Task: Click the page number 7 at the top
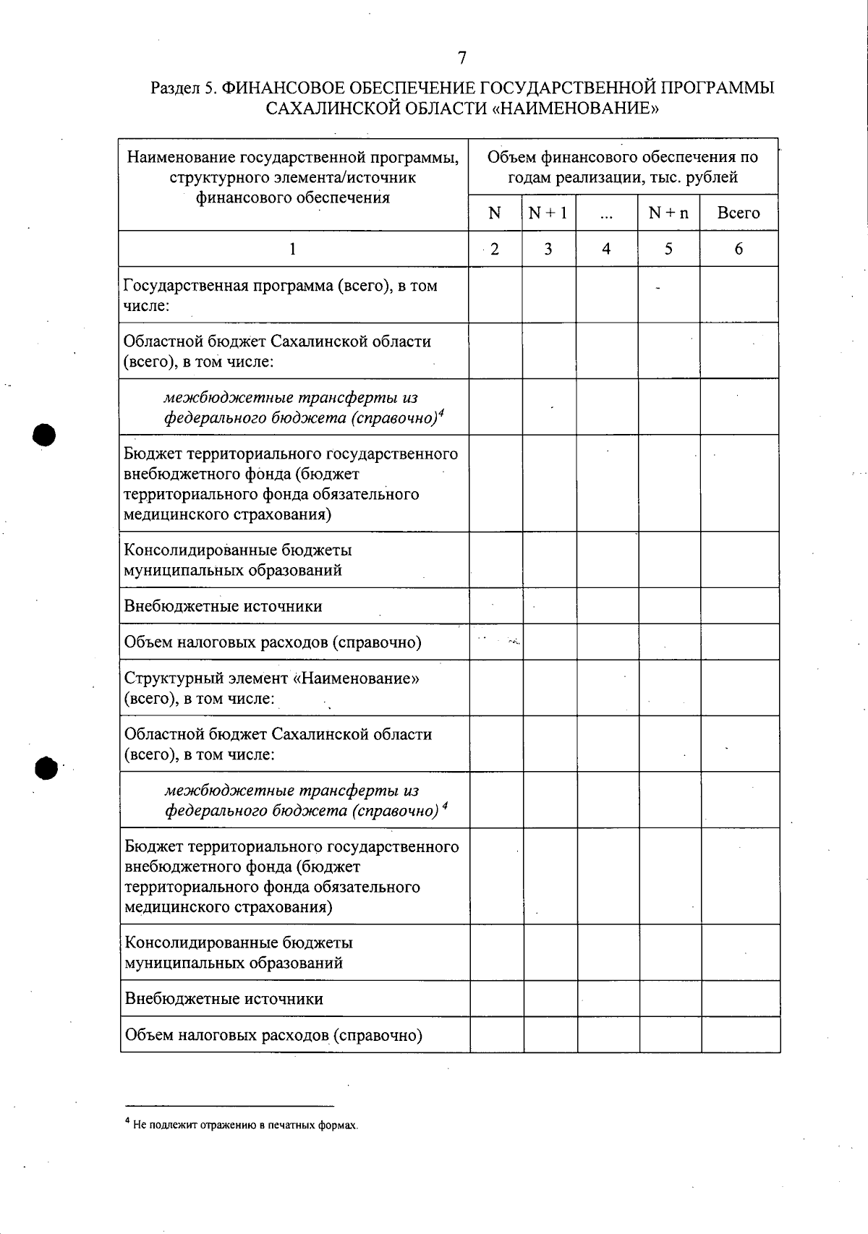pyautogui.click(x=462, y=58)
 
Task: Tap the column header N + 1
pyautogui.click(x=548, y=213)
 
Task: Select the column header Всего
pyautogui.click(x=738, y=213)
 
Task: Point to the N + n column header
pyautogui.click(x=668, y=213)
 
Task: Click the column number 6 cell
pyautogui.click(x=739, y=249)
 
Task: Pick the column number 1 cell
pyautogui.click(x=292, y=249)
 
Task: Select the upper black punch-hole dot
pyautogui.click(x=45, y=435)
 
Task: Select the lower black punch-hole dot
pyautogui.click(x=47, y=768)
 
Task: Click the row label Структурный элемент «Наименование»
pyautogui.click(x=272, y=688)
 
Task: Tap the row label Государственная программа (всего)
pyautogui.click(x=280, y=294)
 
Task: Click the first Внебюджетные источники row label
pyautogui.click(x=223, y=606)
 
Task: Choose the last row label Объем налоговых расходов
pyautogui.click(x=273, y=1035)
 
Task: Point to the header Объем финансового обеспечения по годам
pyautogui.click(x=622, y=166)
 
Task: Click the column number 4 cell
pyautogui.click(x=606, y=249)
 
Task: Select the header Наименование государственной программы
pyautogui.click(x=293, y=177)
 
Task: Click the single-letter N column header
pyautogui.click(x=495, y=213)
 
